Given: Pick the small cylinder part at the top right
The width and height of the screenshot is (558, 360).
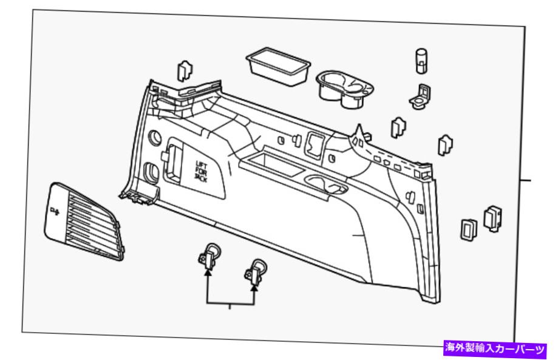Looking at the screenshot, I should click(421, 61).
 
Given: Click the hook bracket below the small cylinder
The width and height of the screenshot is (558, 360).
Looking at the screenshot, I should click(420, 97).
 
